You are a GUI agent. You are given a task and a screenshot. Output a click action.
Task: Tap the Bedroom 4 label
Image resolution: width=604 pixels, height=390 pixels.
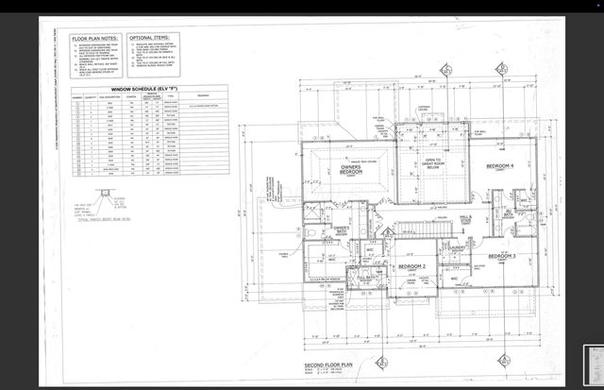501,168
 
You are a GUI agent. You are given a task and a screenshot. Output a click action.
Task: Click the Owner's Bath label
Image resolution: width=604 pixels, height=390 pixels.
342,230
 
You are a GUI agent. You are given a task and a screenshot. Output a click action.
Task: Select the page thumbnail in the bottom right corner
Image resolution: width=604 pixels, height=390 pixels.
595,364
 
